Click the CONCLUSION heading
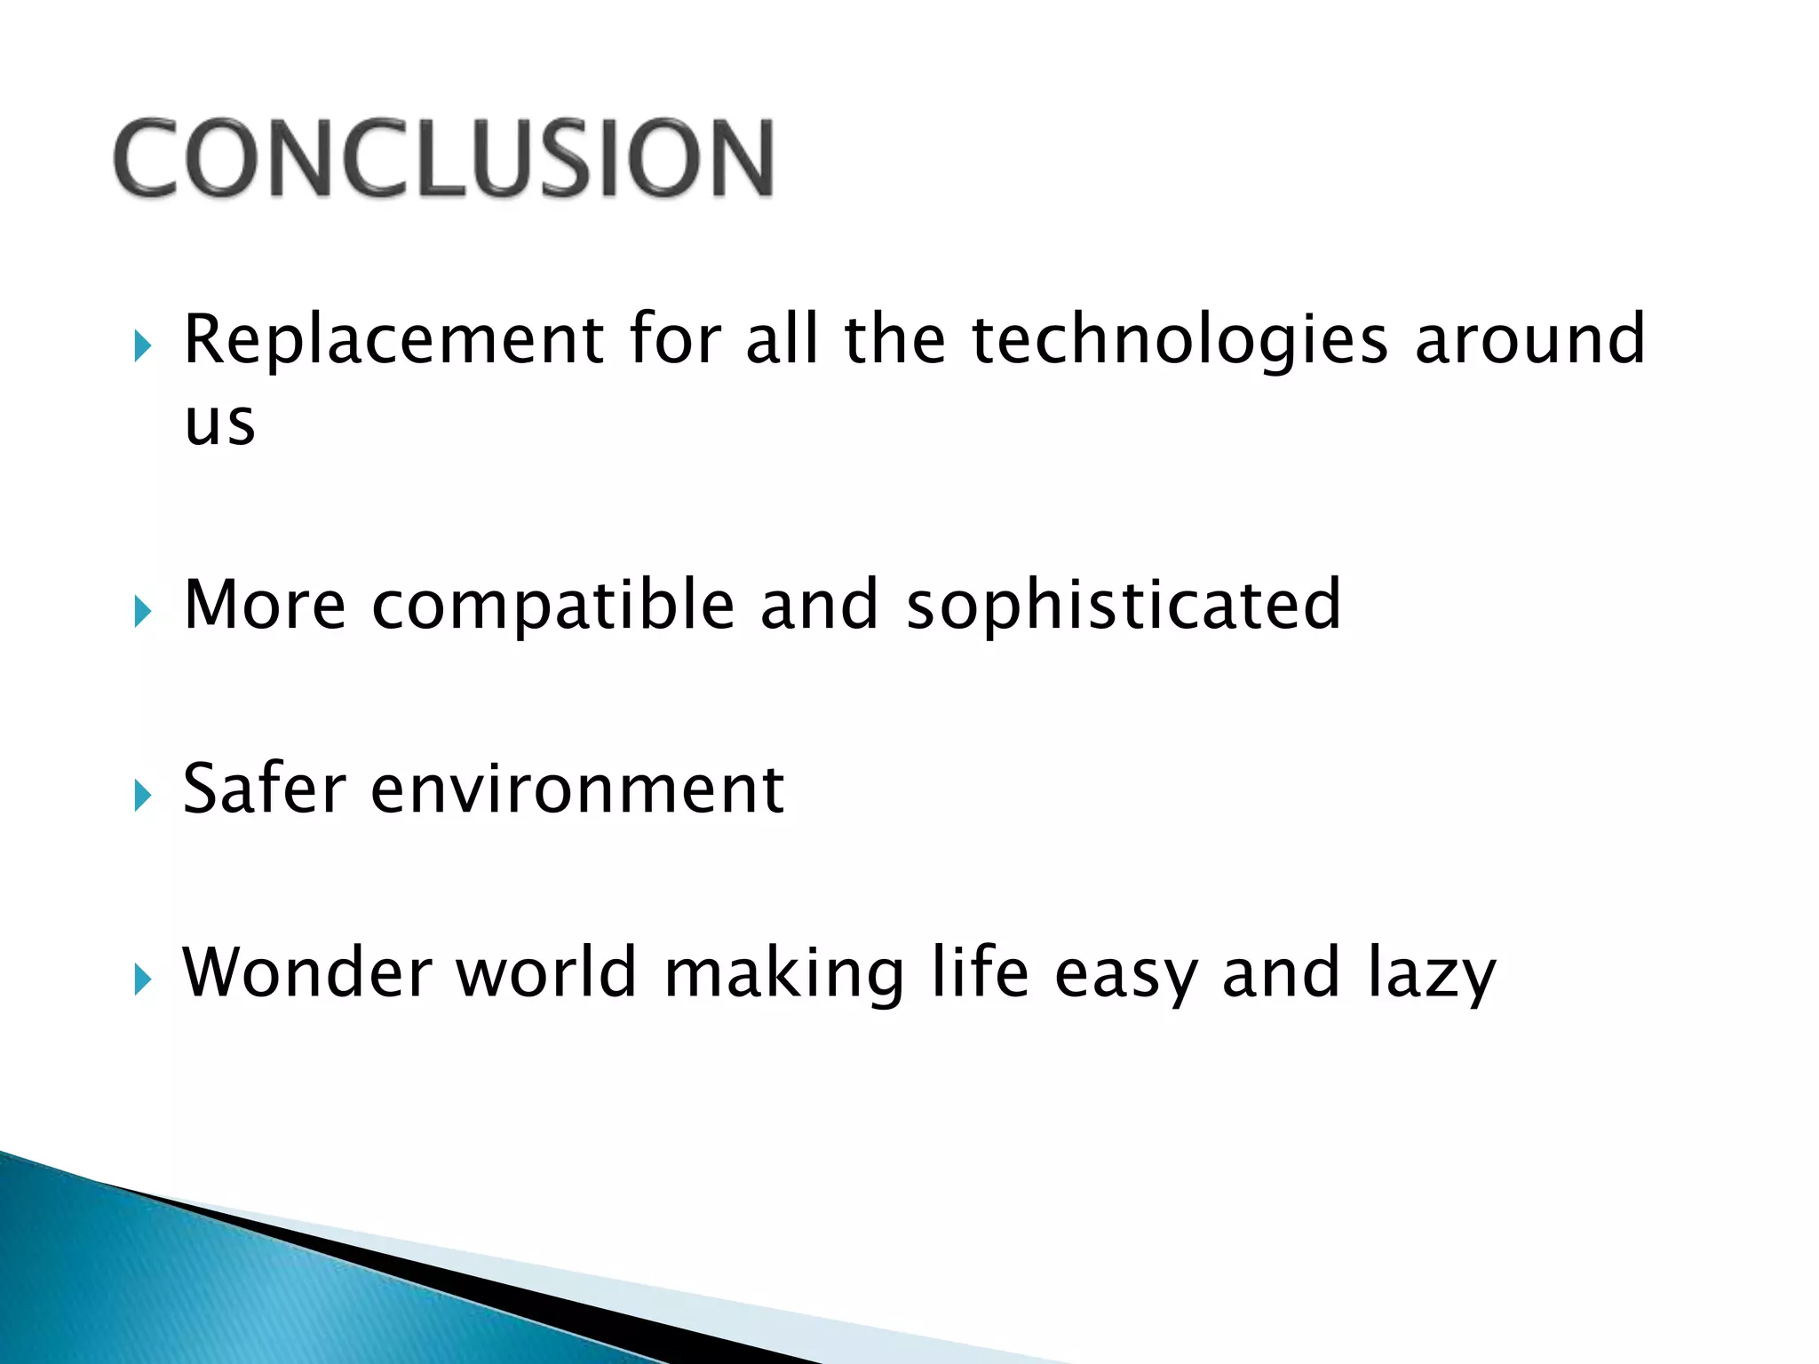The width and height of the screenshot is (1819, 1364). [444, 158]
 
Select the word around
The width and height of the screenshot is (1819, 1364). [1529, 339]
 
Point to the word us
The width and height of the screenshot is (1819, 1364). [219, 422]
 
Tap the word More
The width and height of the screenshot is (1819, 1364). [265, 605]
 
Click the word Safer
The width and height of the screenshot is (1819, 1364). [264, 789]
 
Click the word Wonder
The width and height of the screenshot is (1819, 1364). [306, 973]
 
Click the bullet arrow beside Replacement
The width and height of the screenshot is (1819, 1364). [142, 345]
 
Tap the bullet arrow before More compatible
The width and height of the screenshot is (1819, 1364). [142, 611]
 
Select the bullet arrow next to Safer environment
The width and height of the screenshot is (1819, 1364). [142, 795]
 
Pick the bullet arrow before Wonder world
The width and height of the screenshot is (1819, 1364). [142, 979]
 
